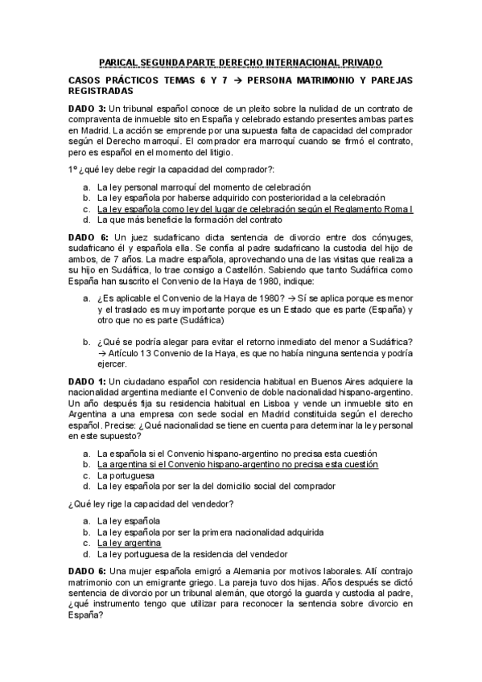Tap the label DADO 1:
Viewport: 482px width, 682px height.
coord(87,380)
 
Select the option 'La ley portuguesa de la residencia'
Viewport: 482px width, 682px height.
coord(192,553)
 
